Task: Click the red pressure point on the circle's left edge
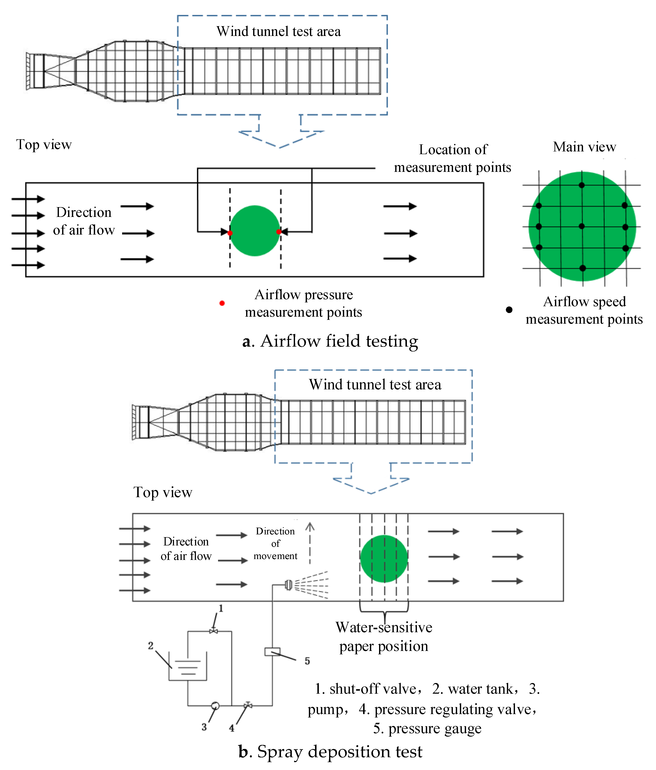230,233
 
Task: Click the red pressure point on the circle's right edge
279,232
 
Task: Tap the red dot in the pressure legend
222,303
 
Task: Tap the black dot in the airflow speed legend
509,310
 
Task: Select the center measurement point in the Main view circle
582,226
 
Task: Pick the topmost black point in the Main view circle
582,185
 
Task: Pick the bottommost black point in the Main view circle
582,268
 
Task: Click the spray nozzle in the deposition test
288,585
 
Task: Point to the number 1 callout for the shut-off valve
221,608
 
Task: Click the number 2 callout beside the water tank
151,646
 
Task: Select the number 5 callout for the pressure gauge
307,661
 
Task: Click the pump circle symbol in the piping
215,705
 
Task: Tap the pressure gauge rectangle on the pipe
272,652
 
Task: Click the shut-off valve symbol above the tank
213,631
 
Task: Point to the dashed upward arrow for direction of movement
310,542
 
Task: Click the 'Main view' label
584,147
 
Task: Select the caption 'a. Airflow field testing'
330,341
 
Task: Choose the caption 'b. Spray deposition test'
330,751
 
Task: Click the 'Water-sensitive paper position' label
384,637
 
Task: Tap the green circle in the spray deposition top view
384,559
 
